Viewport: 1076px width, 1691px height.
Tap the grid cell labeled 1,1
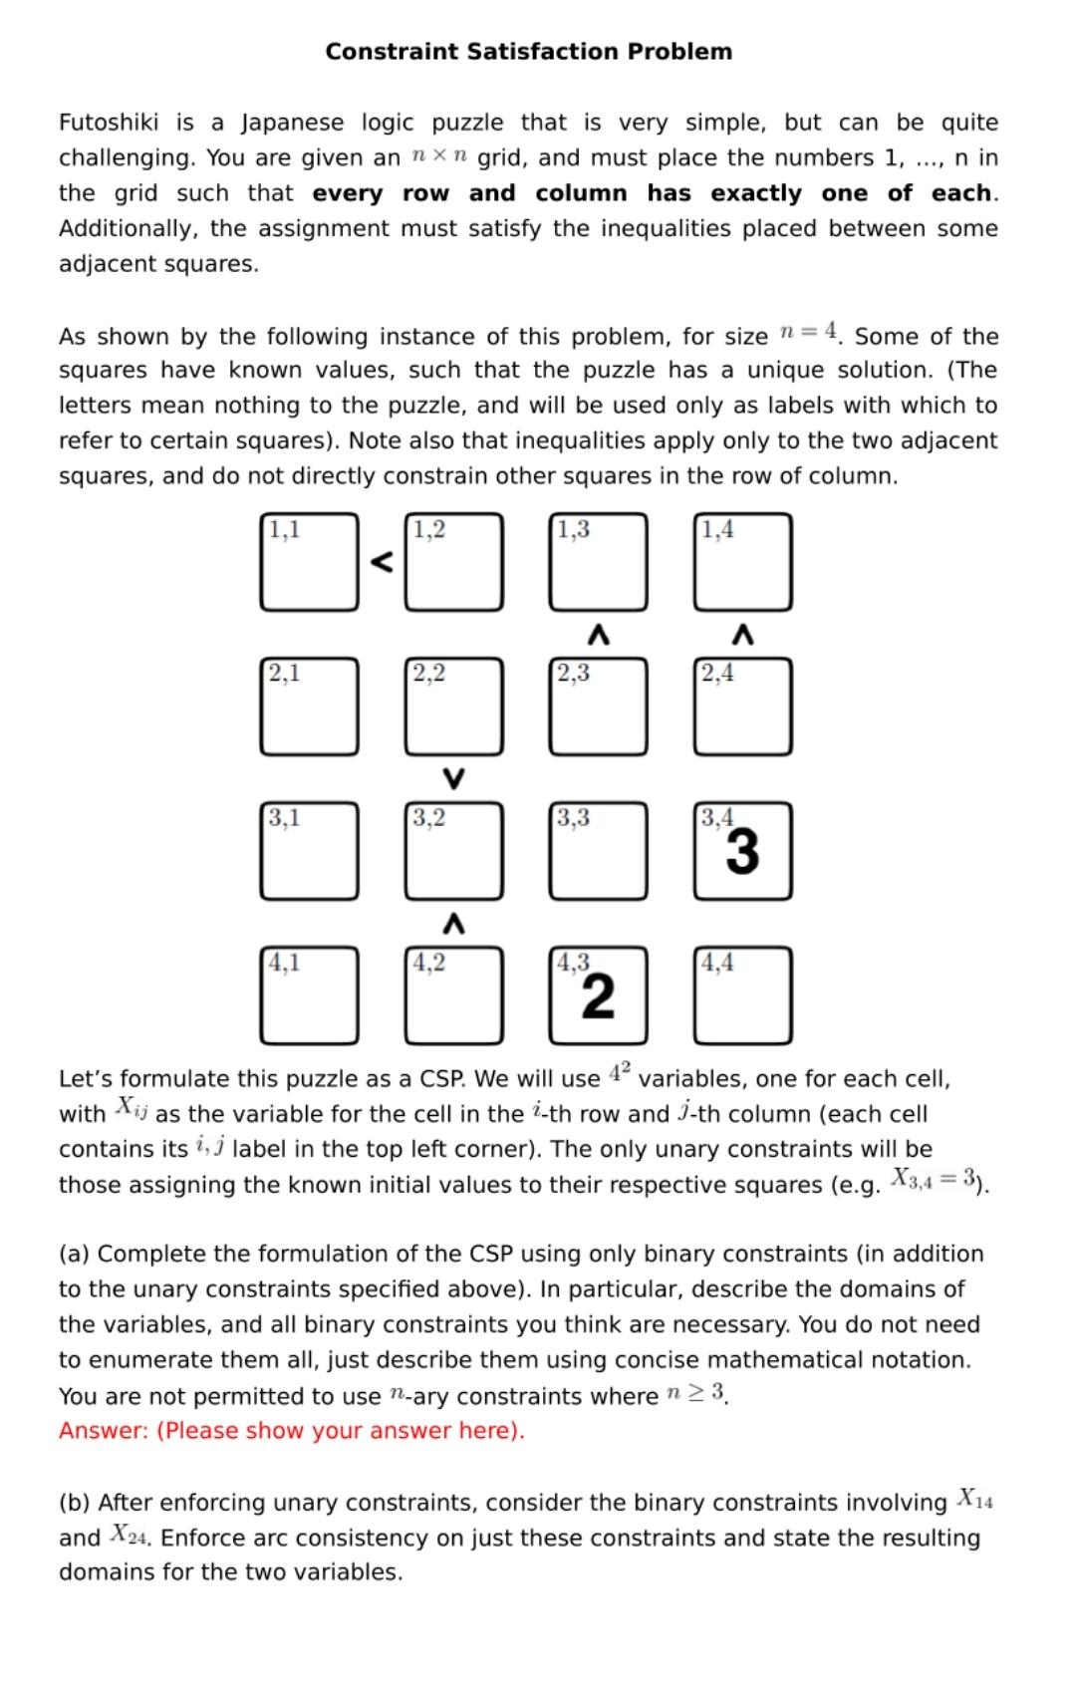click(309, 562)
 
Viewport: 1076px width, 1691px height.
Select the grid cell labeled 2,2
click(453, 706)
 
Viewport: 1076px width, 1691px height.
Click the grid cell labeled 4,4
click(742, 995)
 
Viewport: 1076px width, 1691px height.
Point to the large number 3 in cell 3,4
click(742, 853)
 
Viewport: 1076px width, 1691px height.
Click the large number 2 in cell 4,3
click(598, 997)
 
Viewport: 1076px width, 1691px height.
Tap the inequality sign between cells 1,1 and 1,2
click(382, 563)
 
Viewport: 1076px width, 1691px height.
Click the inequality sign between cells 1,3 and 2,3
click(598, 634)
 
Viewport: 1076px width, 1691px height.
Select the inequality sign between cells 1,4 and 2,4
click(742, 634)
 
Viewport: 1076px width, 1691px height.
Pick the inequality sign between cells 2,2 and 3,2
click(453, 777)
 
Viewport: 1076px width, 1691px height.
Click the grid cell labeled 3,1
click(309, 851)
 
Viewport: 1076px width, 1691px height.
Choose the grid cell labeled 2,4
click(742, 706)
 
